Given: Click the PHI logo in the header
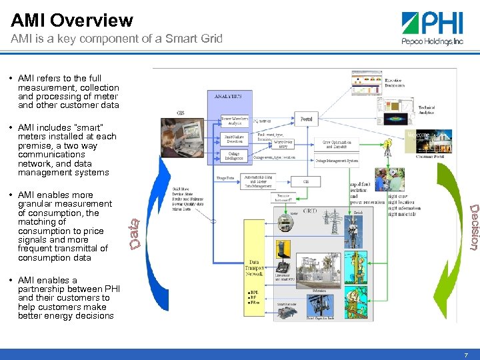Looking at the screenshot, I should click(432, 28).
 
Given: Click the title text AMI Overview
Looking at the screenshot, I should click(72, 21).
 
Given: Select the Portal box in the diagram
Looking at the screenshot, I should click(305, 119).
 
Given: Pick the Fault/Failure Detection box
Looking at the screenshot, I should click(235, 139).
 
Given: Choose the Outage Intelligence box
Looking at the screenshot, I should click(235, 155).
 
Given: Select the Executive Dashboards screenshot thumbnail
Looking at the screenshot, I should click(367, 83).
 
